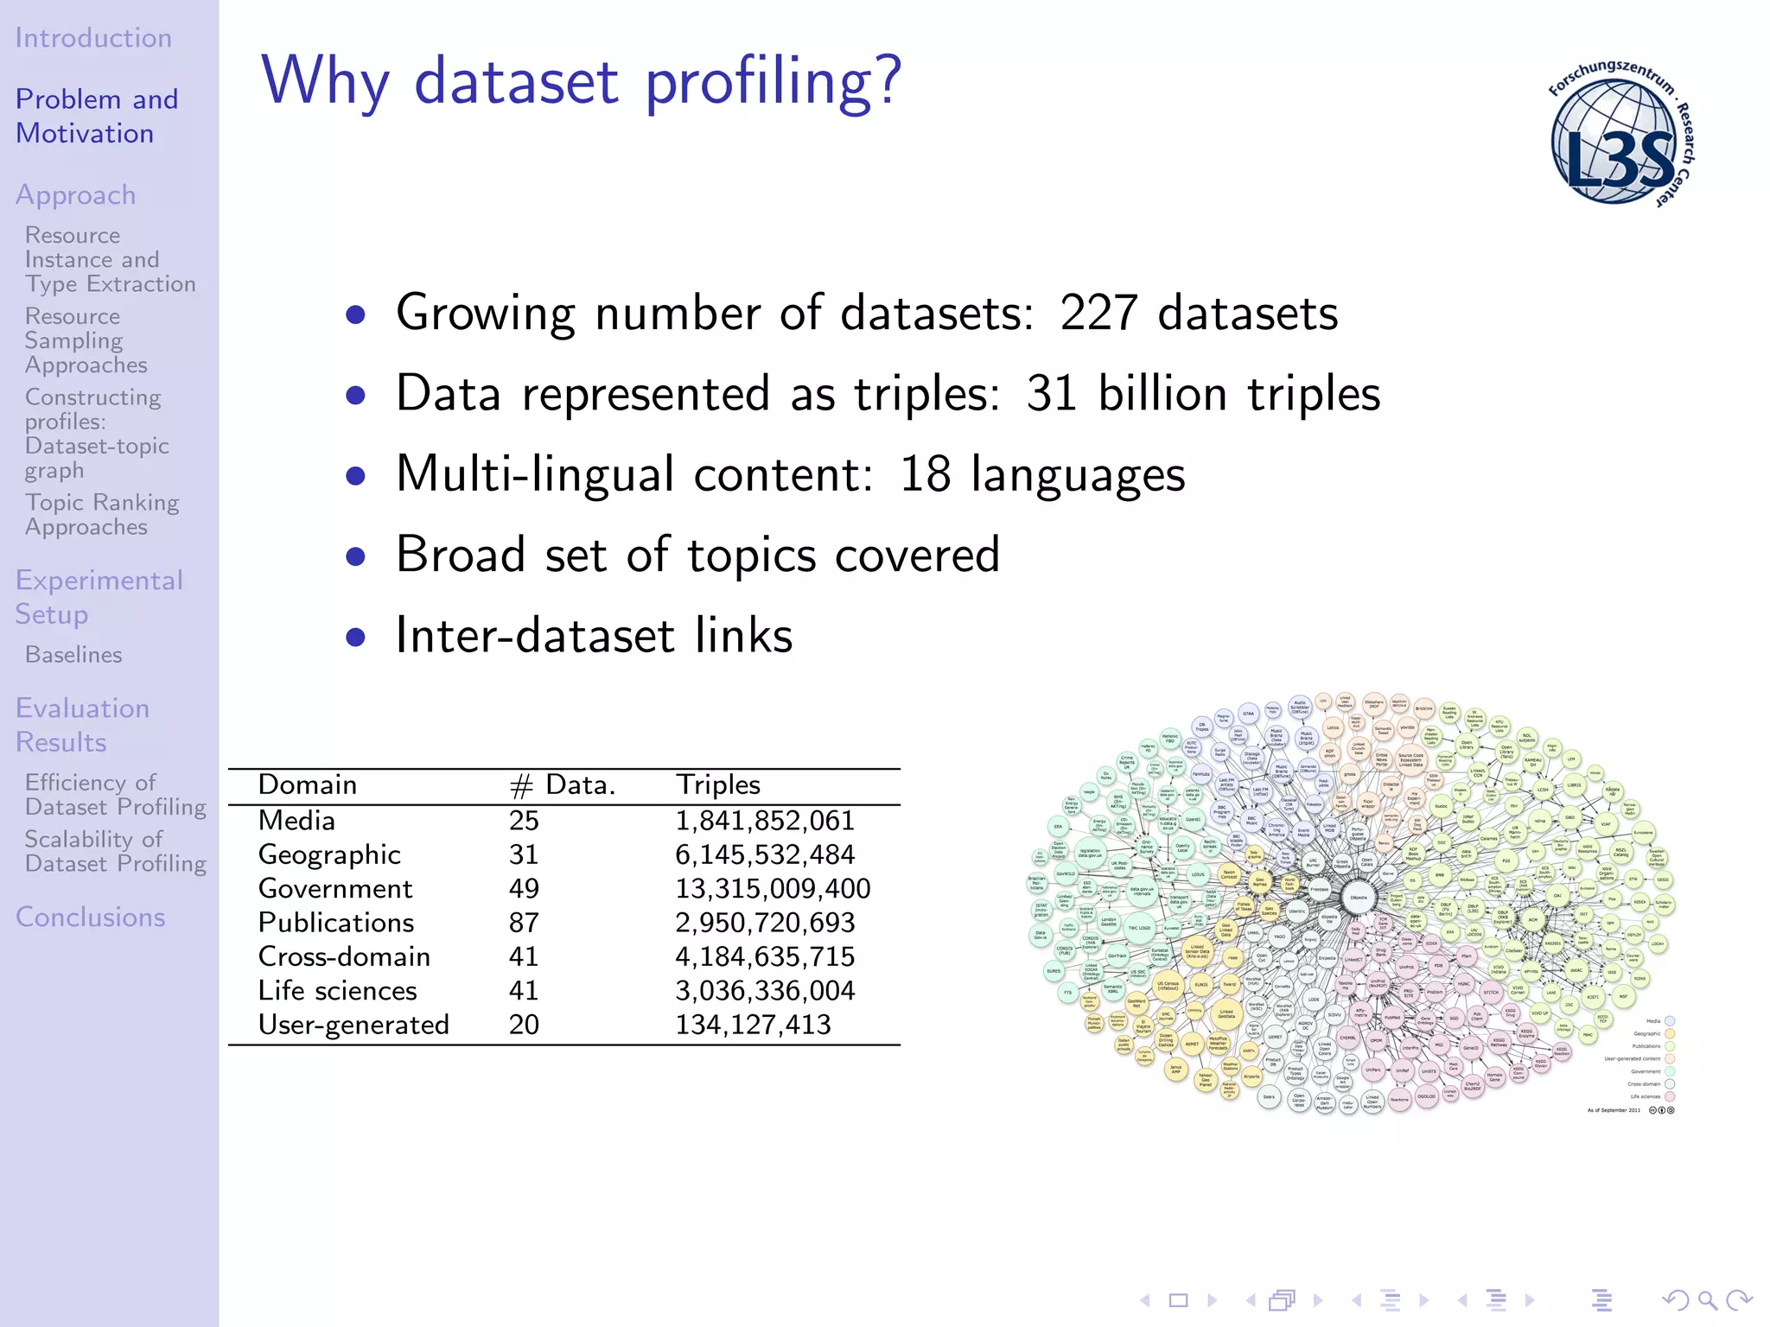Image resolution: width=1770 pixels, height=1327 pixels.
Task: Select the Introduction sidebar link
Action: point(93,38)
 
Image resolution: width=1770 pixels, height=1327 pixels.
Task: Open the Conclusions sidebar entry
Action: point(91,917)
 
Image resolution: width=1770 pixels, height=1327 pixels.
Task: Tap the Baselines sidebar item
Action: point(73,655)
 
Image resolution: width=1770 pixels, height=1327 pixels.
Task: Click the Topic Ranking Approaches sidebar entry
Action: point(102,515)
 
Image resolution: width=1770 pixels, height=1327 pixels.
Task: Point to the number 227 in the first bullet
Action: point(1098,313)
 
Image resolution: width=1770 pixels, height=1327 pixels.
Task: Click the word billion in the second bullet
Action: point(1162,394)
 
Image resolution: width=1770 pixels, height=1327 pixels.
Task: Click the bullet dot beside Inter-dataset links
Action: point(355,637)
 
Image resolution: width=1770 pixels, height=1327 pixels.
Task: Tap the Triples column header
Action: point(717,784)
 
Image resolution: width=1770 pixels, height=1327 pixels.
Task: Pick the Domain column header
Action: point(308,784)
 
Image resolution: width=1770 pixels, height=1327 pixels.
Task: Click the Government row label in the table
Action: point(335,888)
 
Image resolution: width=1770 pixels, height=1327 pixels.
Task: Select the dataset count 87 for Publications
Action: point(524,923)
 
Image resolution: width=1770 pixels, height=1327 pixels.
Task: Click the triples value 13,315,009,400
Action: point(773,888)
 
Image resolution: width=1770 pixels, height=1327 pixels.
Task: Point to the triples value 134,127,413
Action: point(753,1025)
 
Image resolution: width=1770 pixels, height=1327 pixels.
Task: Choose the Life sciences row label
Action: point(337,991)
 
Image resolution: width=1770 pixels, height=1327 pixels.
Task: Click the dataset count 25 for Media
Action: point(524,821)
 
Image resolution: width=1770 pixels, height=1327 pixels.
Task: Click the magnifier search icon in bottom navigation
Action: point(1707,1300)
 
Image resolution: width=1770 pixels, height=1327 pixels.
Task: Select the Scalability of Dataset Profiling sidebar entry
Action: point(115,852)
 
